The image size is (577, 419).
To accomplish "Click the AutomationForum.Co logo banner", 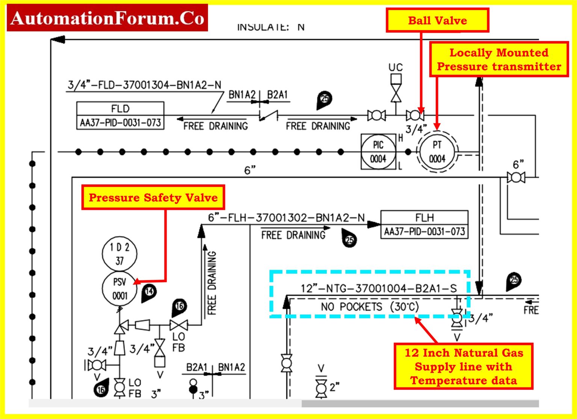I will pos(107,18).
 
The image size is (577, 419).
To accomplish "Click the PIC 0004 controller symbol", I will pos(378,152).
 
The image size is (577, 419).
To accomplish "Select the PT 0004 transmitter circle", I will pos(437,152).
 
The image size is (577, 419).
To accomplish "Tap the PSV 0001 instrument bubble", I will pos(119,289).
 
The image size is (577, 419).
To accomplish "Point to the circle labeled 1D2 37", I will pos(119,253).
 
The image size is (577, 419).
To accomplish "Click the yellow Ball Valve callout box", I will pos(437,20).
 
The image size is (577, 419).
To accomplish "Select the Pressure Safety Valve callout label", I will pos(153,197).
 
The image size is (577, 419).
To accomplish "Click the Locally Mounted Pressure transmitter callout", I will pos(499,59).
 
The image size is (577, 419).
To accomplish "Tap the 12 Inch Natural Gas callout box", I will pos(464,366).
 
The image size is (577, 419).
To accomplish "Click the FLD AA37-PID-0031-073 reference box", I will pos(120,116).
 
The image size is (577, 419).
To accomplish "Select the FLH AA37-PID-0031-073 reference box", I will pos(424,225).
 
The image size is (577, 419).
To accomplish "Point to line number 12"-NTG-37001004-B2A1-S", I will pos(378,288).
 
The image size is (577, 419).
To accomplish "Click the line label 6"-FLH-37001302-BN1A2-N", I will pos(286,218).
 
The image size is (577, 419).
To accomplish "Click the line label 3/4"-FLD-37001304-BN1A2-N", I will pos(144,85).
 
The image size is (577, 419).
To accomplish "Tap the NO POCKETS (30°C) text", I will pos(370,307).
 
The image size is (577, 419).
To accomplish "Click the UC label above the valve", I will pos(396,68).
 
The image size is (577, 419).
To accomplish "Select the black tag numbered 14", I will pos(149,292).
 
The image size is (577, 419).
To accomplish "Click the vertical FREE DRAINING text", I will pos(212,283).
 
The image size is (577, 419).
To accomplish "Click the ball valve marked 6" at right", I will pos(516,177).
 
